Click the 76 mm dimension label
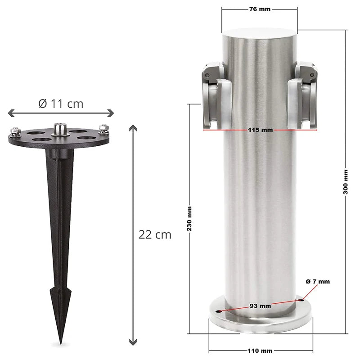click(259, 9)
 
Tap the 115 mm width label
click(260, 130)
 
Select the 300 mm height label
click(346, 182)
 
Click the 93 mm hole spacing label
click(260, 306)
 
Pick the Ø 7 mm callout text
click(318, 282)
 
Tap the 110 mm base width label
click(260, 351)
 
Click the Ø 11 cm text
click(61, 103)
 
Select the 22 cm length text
click(155, 234)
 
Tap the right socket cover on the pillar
click(306, 94)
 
